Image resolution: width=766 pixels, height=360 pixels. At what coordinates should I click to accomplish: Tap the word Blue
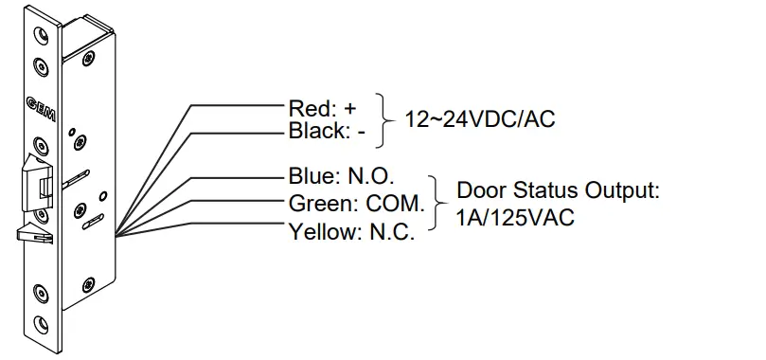(x=307, y=178)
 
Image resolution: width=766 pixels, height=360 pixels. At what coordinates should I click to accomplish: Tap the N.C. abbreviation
(x=388, y=230)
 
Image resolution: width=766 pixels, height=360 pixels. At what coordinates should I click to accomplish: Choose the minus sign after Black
(x=361, y=132)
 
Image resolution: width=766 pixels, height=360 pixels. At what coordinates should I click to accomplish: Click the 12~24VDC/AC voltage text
(x=479, y=119)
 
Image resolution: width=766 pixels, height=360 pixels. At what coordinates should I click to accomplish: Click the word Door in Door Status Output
(x=479, y=189)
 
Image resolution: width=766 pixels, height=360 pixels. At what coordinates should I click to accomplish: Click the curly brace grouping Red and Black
(x=383, y=119)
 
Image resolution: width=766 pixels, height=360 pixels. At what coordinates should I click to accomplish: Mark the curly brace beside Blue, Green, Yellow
(x=436, y=203)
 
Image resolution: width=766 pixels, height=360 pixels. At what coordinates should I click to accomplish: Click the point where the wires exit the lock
(x=115, y=235)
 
